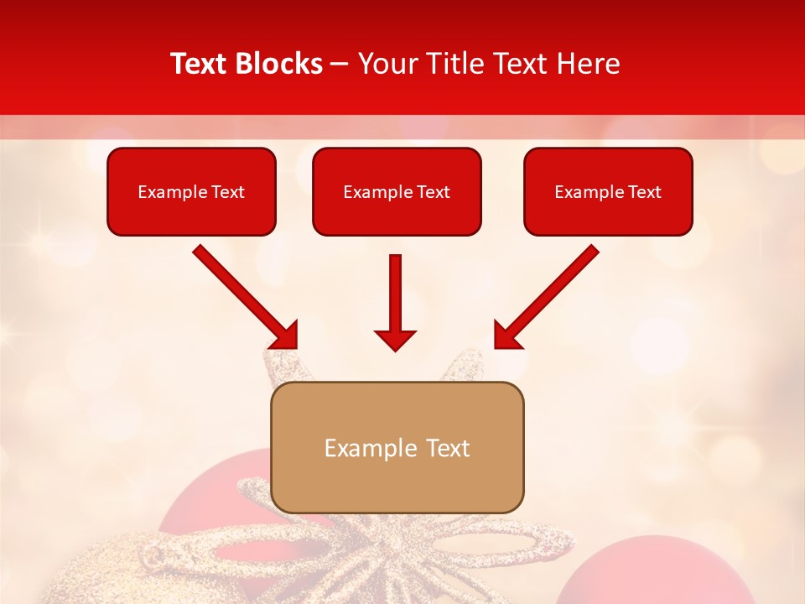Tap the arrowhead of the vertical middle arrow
click(x=395, y=340)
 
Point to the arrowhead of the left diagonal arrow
click(x=285, y=335)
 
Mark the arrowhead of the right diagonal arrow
click(x=506, y=335)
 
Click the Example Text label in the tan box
click(x=397, y=448)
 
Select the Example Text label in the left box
click(x=191, y=192)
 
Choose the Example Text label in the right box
click(x=608, y=192)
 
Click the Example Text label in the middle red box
click(x=397, y=192)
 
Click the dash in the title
click(x=340, y=65)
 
